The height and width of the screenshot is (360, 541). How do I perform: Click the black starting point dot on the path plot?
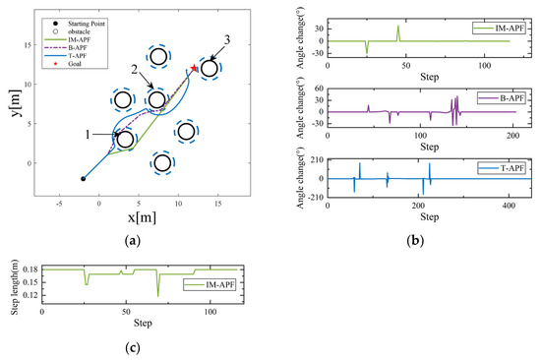[x=83, y=179]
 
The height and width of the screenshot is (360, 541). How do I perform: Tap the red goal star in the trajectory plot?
[x=194, y=68]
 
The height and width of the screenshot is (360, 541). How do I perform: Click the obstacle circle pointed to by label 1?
[x=125, y=139]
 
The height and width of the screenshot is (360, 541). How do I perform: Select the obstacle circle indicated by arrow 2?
[x=157, y=100]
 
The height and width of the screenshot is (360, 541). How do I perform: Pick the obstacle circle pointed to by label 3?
[x=209, y=68]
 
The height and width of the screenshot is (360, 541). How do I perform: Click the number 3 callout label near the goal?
[x=227, y=38]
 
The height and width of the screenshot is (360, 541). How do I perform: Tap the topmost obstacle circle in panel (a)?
[x=158, y=56]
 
